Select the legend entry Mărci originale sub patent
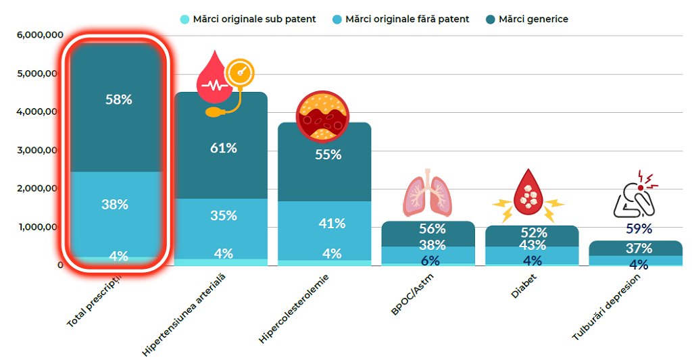pos(247,20)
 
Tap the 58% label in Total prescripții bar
pos(119,99)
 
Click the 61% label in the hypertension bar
pos(223,148)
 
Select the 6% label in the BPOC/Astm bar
pos(430,261)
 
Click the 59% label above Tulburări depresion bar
pos(639,228)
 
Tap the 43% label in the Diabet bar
pos(534,247)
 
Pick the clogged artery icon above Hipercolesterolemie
pos(322,116)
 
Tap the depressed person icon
pos(636,195)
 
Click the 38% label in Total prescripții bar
pos(115,204)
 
